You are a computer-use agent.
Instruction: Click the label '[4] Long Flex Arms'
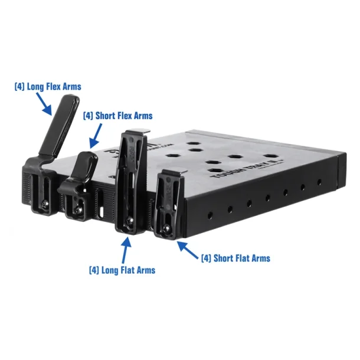[48, 86]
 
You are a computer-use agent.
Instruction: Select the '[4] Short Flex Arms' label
[117, 116]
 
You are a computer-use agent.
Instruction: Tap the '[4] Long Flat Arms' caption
[122, 270]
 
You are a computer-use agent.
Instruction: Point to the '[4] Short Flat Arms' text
[235, 258]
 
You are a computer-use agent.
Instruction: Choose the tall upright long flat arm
[130, 177]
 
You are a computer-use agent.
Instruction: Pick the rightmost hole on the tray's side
[319, 182]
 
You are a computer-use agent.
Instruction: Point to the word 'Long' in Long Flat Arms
[111, 270]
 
